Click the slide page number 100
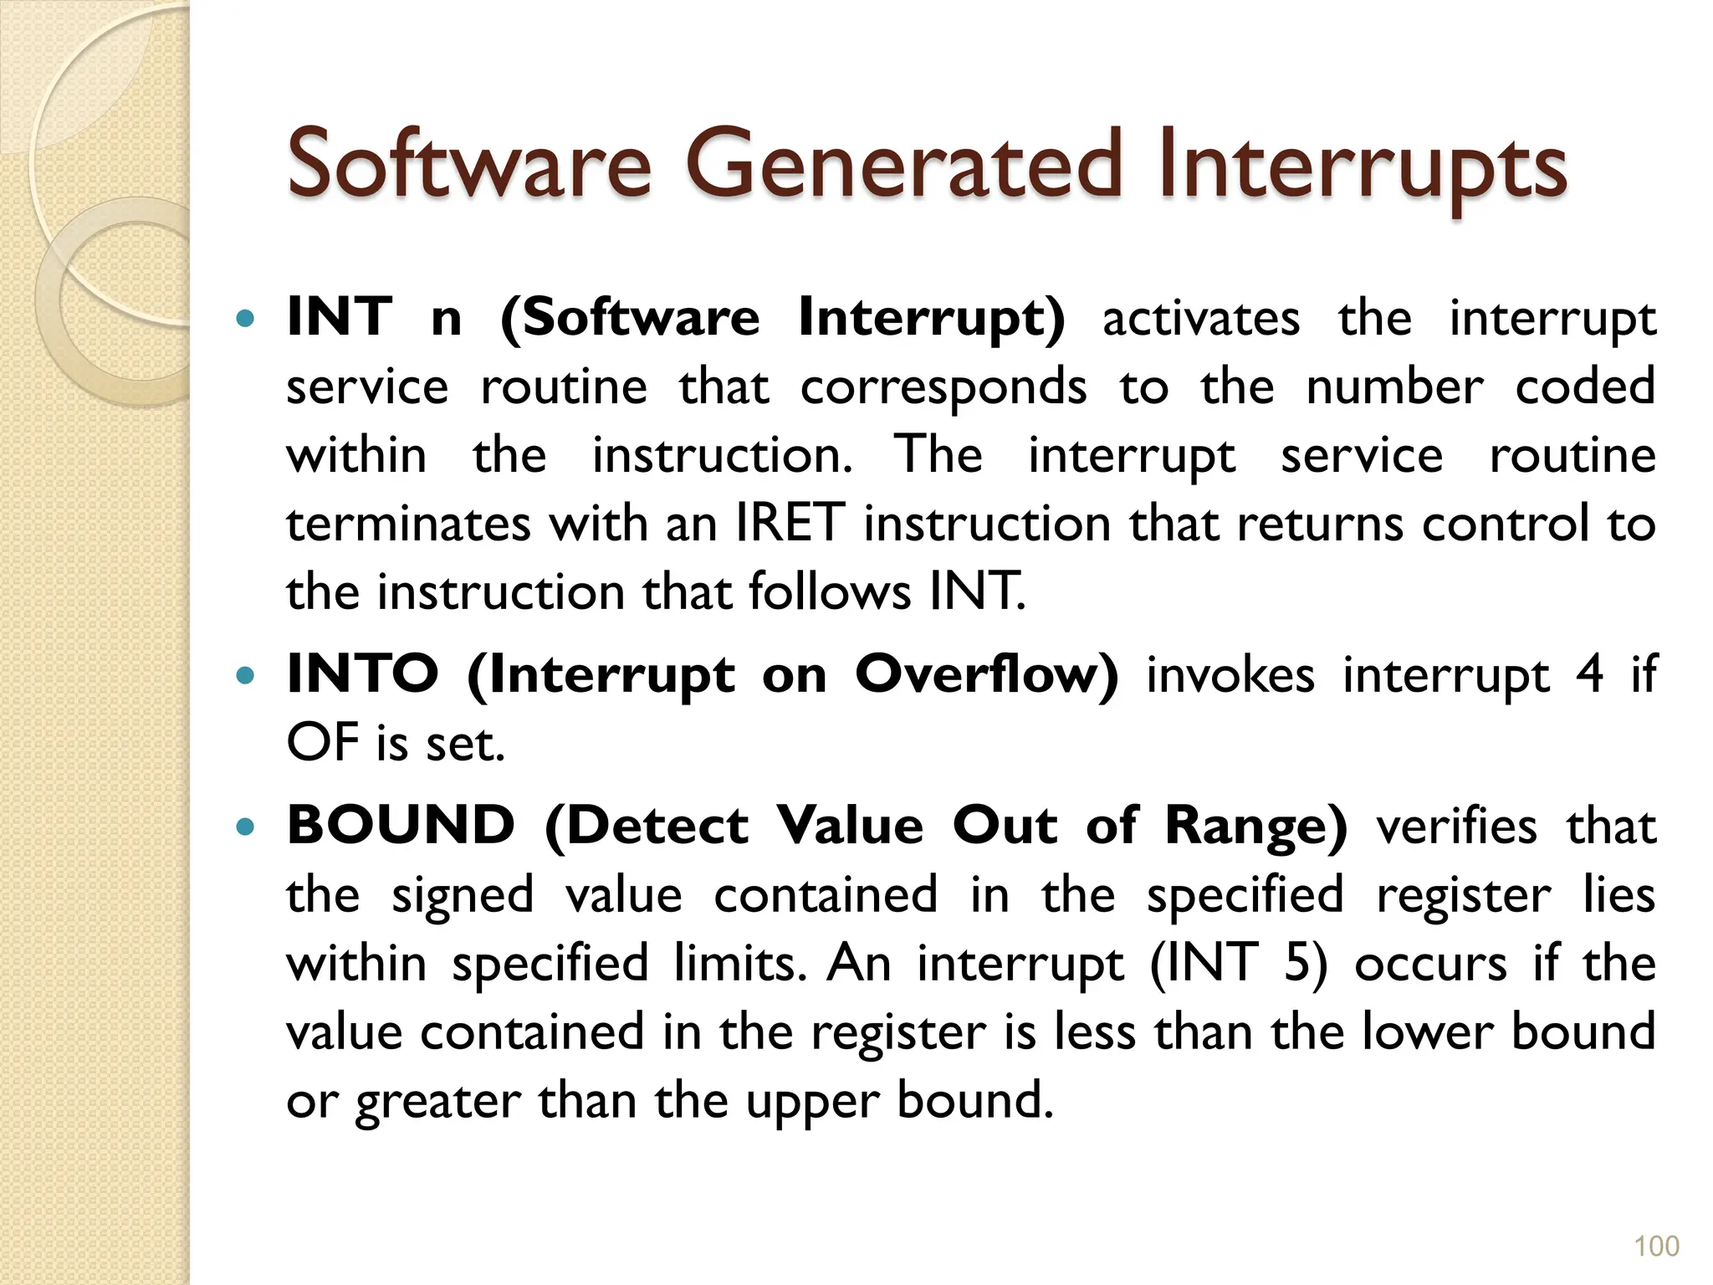pyautogui.click(x=1656, y=1247)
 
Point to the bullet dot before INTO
pyautogui.click(x=245, y=675)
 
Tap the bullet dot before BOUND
pyautogui.click(x=245, y=827)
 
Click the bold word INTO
pyautogui.click(x=362, y=673)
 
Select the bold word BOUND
pyautogui.click(x=401, y=826)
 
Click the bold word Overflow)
pyautogui.click(x=986, y=673)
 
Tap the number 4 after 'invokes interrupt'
pyautogui.click(x=1589, y=673)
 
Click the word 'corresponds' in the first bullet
pyautogui.click(x=943, y=388)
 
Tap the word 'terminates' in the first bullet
pyautogui.click(x=409, y=525)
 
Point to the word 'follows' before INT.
pyautogui.click(x=829, y=591)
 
